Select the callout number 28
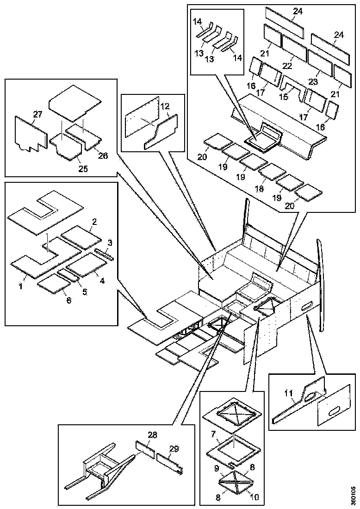point(152,435)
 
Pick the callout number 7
point(213,435)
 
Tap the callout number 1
point(21,286)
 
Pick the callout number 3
point(110,242)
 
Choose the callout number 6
point(68,300)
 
